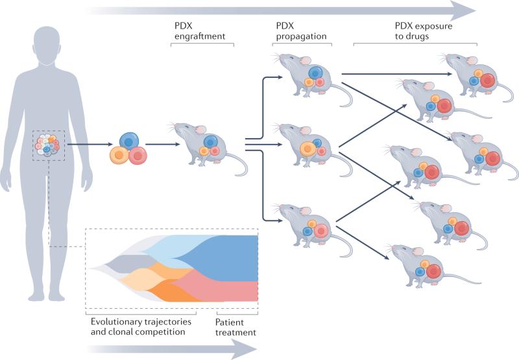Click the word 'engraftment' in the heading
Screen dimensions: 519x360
[x=200, y=36]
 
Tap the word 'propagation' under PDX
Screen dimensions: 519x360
[x=301, y=36]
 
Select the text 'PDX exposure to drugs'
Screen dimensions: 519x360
[x=424, y=30]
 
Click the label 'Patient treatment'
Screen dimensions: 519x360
[x=235, y=327]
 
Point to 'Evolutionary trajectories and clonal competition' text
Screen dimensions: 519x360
[x=141, y=326]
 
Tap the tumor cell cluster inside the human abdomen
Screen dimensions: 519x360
[x=47, y=145]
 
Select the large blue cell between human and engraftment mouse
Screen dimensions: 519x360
[x=128, y=141]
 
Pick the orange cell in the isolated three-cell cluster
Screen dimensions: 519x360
[x=119, y=155]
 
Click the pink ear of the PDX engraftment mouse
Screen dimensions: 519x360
[x=200, y=129]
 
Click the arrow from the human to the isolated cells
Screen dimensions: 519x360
[x=90, y=144]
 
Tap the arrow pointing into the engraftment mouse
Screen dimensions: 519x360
[x=163, y=144]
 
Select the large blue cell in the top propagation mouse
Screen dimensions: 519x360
[x=315, y=73]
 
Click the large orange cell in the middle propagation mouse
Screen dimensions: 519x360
[x=308, y=149]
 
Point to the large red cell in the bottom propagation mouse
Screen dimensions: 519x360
[x=320, y=231]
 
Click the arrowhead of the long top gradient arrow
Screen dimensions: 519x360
[x=465, y=10]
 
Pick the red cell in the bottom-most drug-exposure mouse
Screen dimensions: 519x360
[x=434, y=271]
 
